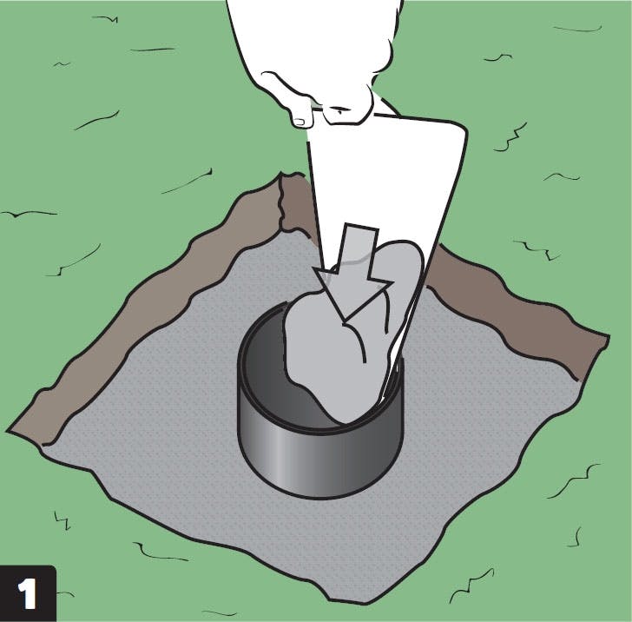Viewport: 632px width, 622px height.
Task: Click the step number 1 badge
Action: click(28, 593)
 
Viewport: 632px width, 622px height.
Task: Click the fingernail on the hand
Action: click(299, 121)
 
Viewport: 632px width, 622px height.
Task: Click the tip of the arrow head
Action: click(343, 323)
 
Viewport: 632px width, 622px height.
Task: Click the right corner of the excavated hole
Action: click(607, 338)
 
